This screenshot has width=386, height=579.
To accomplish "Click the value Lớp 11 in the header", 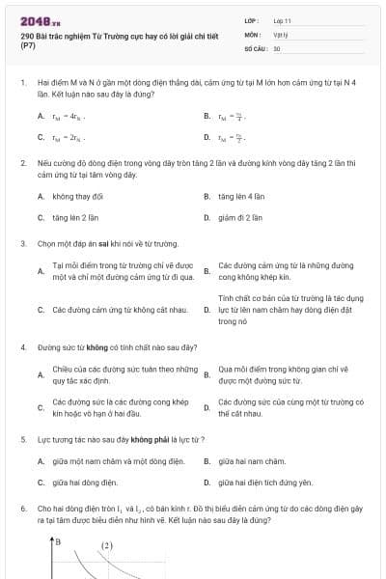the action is point(282,19).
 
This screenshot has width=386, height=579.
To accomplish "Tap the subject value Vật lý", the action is point(280,34).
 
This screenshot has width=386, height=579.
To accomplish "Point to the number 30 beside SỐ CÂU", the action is point(277,48).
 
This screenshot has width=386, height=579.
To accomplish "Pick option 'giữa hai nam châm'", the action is point(252,460).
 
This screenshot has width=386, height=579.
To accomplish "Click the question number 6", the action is point(22,507).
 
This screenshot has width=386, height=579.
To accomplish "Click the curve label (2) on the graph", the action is point(107,545).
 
